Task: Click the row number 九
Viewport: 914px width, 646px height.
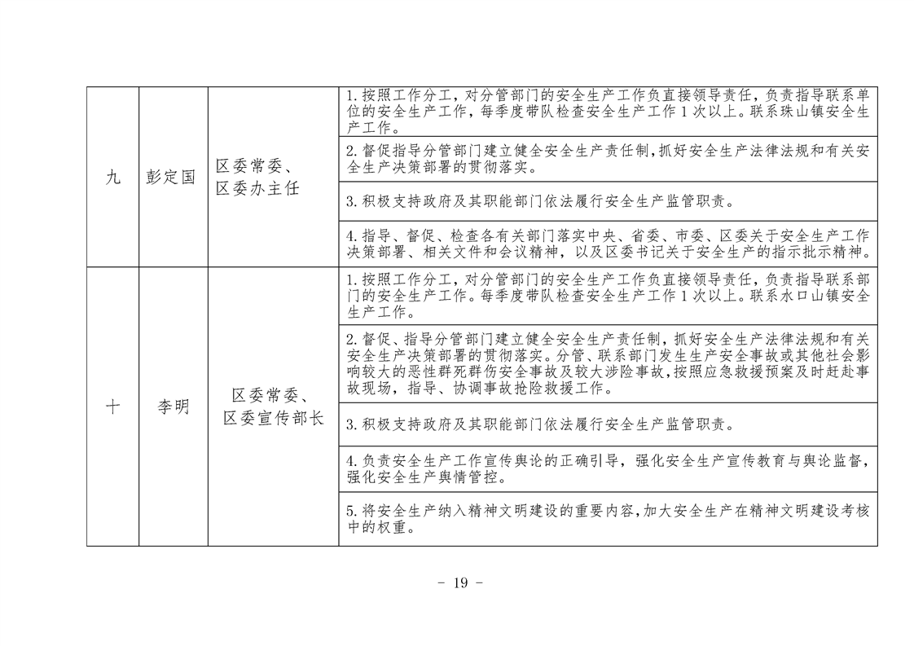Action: (x=113, y=178)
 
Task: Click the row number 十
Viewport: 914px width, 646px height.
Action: (x=113, y=406)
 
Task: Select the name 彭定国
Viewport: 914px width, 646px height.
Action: (x=171, y=178)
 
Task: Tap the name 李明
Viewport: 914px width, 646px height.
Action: (x=174, y=406)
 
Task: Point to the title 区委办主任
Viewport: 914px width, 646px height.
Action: (x=257, y=189)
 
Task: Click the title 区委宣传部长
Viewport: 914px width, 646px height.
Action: (x=274, y=418)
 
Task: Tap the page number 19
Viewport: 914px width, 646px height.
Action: (x=460, y=582)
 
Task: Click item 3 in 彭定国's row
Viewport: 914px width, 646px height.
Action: (x=540, y=202)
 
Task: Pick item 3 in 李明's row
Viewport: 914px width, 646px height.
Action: (x=540, y=424)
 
